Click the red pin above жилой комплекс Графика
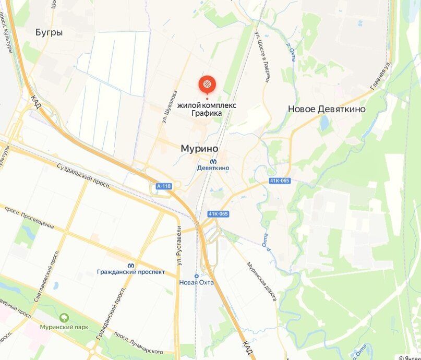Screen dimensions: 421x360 (x=207, y=84)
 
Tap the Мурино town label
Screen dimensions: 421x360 (x=199, y=149)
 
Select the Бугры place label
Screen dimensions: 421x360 (x=49, y=32)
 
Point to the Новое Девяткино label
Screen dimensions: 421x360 (x=327, y=109)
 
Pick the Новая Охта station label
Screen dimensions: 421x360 (x=197, y=282)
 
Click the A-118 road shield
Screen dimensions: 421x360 (x=163, y=186)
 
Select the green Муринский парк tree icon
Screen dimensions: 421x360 (x=64, y=317)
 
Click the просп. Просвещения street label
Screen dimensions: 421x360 (x=29, y=217)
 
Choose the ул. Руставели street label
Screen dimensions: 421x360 (x=179, y=245)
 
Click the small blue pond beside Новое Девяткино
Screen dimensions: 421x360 (x=324, y=123)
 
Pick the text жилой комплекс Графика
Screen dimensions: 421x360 (x=207, y=109)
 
